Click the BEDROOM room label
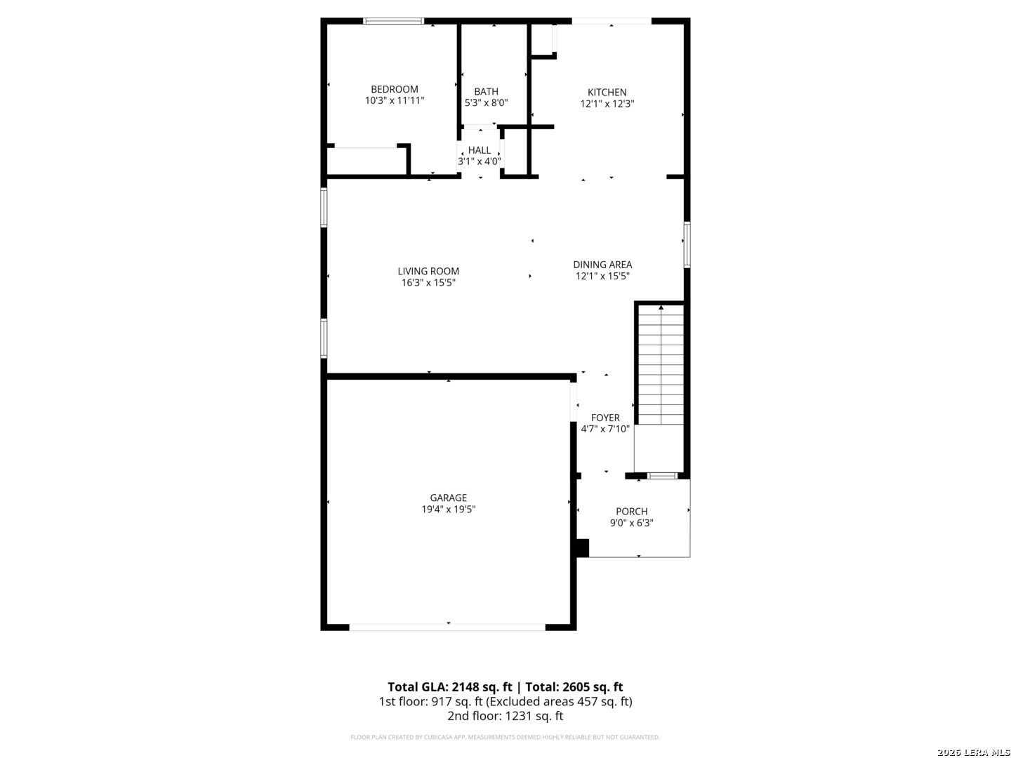[x=395, y=89]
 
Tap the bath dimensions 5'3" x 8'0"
[x=486, y=102]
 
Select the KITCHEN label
[x=607, y=92]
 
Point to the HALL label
[x=479, y=150]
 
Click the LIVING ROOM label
[x=428, y=271]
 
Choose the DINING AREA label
[x=602, y=265]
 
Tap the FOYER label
[x=604, y=418]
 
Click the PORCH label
[x=631, y=512]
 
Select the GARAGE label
[x=448, y=498]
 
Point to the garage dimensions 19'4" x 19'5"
[x=448, y=509]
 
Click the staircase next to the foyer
[x=660, y=364]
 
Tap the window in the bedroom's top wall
[x=393, y=21]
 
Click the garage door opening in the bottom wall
[x=447, y=627]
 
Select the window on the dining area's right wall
[x=686, y=244]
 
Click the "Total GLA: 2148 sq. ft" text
[x=449, y=687]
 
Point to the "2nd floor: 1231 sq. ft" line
[x=505, y=716]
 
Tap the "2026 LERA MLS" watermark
[x=973, y=752]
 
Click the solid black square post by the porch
[x=582, y=548]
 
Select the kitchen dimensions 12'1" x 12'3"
[x=607, y=104]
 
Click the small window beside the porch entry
[x=662, y=476]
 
